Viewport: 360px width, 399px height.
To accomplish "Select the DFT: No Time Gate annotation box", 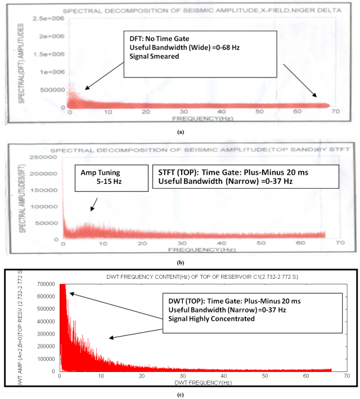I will [x=200, y=53].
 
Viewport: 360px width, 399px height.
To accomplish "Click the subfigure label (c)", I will [x=180, y=394].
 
